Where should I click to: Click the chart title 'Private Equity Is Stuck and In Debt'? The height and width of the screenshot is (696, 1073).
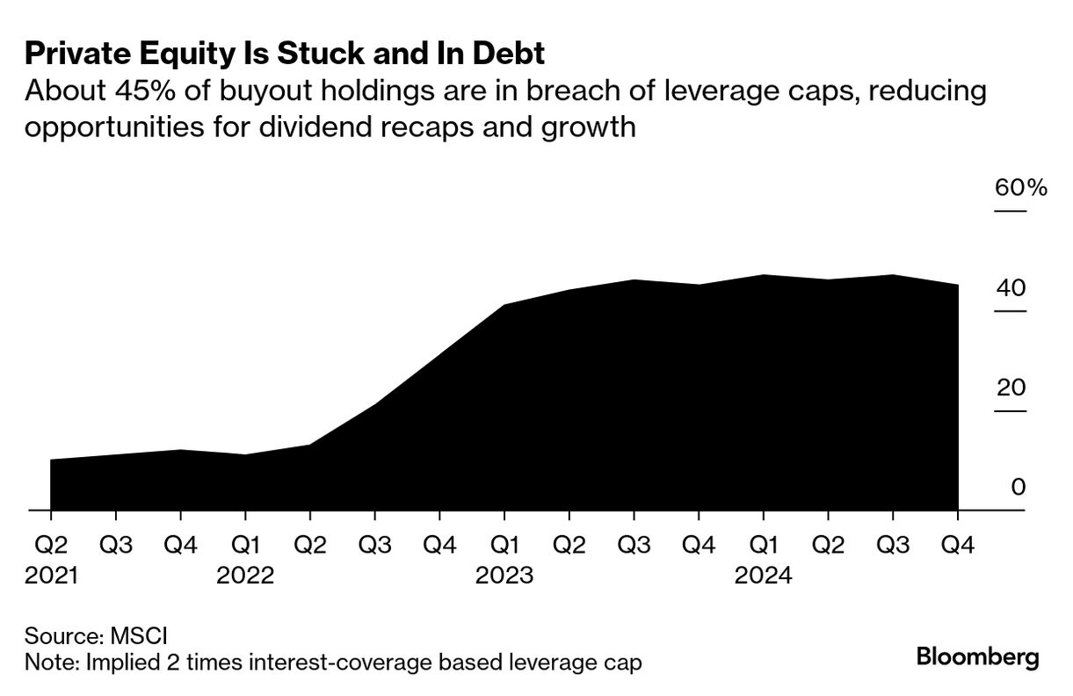click(x=285, y=54)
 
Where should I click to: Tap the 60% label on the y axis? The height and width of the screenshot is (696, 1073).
click(x=1020, y=188)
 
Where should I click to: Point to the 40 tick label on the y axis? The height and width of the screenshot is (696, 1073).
click(x=1011, y=287)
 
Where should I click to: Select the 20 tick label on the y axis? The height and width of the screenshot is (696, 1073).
click(x=1011, y=388)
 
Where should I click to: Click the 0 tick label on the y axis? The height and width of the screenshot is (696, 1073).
click(x=1018, y=487)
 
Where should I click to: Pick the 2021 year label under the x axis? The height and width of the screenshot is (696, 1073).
click(x=51, y=576)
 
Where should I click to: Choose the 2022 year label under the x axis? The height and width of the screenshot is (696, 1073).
click(x=245, y=576)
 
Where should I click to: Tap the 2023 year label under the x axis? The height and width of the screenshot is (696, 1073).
click(x=504, y=576)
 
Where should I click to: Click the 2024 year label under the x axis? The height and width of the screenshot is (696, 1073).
click(x=764, y=576)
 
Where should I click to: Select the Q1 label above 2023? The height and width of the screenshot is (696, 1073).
click(x=504, y=545)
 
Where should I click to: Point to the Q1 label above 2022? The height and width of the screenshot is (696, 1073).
click(x=245, y=545)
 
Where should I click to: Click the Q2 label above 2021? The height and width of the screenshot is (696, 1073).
click(x=51, y=545)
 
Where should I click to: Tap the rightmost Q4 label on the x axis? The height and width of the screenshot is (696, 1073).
click(x=958, y=545)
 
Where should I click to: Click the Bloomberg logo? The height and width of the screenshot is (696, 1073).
click(x=977, y=657)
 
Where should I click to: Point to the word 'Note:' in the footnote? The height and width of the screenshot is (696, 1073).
click(x=52, y=662)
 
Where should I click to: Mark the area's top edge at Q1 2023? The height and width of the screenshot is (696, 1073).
click(x=504, y=305)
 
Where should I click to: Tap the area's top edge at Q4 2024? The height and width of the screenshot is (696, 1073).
click(x=957, y=285)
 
